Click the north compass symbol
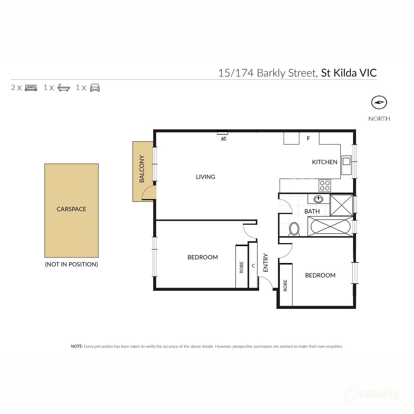click(x=379, y=102)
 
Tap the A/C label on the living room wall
click(x=223, y=139)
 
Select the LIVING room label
click(x=205, y=177)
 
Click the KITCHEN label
click(x=324, y=162)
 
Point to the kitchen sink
click(x=346, y=161)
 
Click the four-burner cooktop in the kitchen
click(x=325, y=186)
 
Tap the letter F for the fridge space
click(x=308, y=139)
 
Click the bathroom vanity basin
click(x=318, y=199)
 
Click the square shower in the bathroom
click(x=341, y=205)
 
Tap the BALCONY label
click(x=142, y=169)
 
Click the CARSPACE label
click(x=71, y=209)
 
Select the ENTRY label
click(x=266, y=263)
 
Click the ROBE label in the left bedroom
click(x=241, y=267)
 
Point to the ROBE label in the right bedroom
click(x=285, y=285)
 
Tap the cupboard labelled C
click(x=253, y=266)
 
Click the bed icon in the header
click(x=31, y=88)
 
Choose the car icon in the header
click(x=95, y=88)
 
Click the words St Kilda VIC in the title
click(x=349, y=73)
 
